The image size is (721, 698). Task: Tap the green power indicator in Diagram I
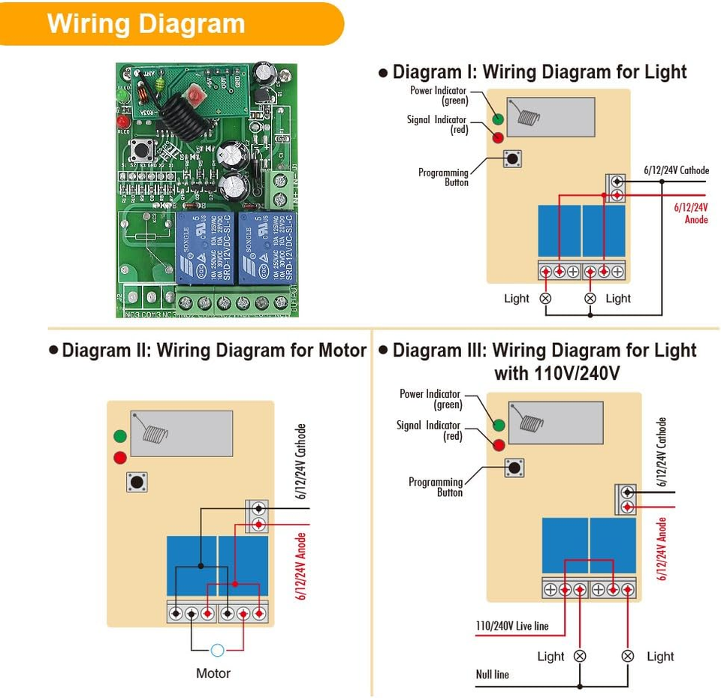[497, 119]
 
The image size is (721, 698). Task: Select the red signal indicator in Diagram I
[497, 137]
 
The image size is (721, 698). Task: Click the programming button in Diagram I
[512, 158]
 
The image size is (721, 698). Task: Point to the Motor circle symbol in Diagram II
[218, 651]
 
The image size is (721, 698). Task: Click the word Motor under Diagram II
[213, 673]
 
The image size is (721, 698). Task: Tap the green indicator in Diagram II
[119, 436]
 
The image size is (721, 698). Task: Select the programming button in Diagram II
[137, 482]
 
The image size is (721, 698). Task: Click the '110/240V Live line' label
[512, 626]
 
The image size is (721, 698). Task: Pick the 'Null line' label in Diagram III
[493, 674]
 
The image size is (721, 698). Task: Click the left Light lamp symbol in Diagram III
[580, 656]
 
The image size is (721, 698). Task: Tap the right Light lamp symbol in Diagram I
[590, 298]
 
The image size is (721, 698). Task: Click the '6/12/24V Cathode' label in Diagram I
[676, 170]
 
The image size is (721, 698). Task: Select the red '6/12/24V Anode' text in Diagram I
[691, 213]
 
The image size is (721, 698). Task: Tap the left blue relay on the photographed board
[206, 248]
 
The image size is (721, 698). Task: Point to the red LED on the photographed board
[122, 120]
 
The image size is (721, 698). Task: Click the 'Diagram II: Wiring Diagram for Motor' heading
[214, 351]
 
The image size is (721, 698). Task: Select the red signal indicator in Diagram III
[499, 444]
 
